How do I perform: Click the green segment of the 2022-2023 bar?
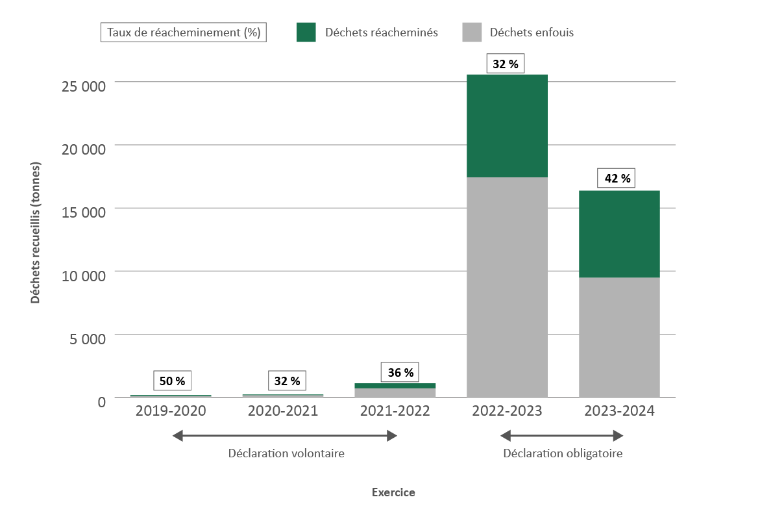pos(507,125)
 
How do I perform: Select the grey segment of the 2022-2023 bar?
pos(507,286)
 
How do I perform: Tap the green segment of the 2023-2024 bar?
pos(619,234)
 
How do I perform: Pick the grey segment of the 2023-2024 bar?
pos(619,337)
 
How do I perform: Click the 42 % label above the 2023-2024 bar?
pos(617,179)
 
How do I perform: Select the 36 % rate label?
pos(400,373)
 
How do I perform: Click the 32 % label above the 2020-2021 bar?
pos(286,381)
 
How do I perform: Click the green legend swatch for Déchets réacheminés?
pos(306,32)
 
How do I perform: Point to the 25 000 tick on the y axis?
pos(82,86)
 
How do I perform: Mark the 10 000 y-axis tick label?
pos(82,275)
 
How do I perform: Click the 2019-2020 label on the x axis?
pos(171,411)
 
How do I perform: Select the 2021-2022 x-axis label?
pos(395,411)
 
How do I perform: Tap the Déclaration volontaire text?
pos(286,453)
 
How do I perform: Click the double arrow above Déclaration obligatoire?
pos(563,436)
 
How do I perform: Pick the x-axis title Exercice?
pos(393,492)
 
